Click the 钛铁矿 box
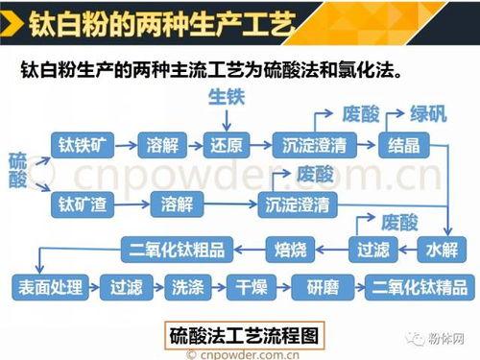(x=84, y=145)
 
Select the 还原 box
(x=228, y=145)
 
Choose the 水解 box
(x=441, y=250)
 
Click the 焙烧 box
(x=291, y=250)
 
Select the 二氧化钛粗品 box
(x=178, y=250)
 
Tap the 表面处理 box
(x=49, y=286)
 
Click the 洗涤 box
(x=181, y=286)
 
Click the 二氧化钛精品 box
(x=418, y=286)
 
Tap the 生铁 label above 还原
(x=228, y=96)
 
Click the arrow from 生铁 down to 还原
(x=228, y=119)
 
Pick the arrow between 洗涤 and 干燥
(x=214, y=286)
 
